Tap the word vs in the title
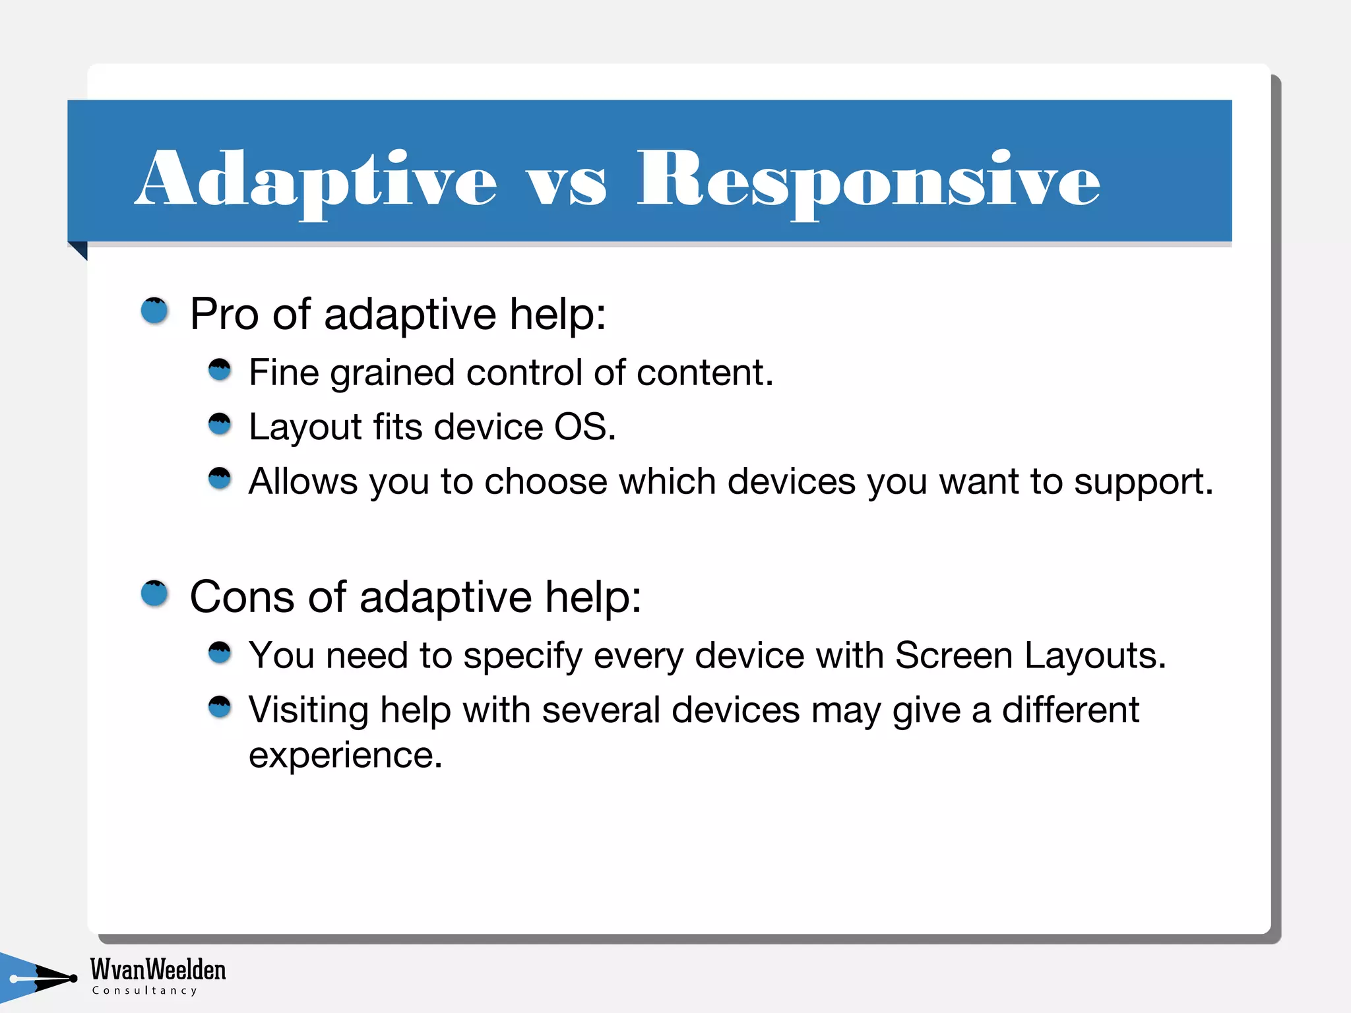click(566, 185)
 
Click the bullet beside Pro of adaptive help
click(155, 311)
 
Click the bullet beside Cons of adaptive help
click(155, 594)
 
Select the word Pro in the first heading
click(224, 314)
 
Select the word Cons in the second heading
click(241, 597)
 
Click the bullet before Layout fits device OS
click(220, 424)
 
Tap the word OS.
click(584, 427)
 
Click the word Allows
click(303, 481)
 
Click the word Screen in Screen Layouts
click(953, 656)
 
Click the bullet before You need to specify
click(220, 653)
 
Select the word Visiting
click(308, 711)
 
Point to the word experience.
click(345, 755)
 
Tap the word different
click(1071, 710)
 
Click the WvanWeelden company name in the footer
click(158, 969)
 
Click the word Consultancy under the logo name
click(144, 991)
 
